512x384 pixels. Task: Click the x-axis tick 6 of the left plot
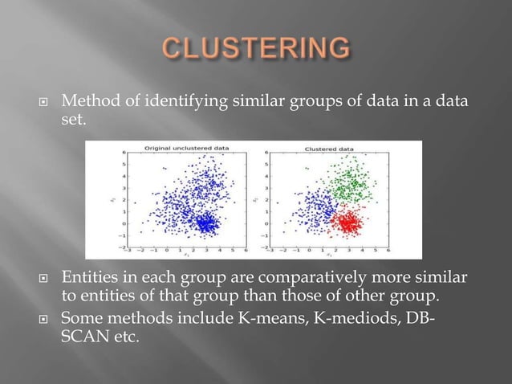[x=235, y=250]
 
